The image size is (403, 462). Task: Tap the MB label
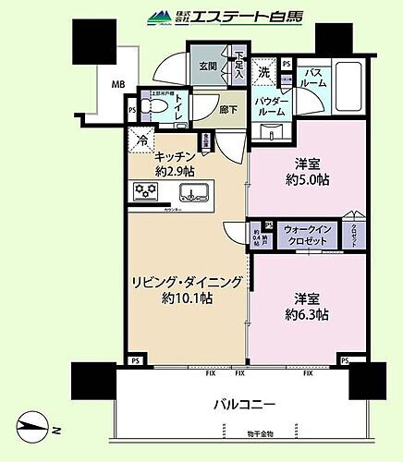tap(118, 85)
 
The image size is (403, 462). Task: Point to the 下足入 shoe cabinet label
tap(240, 66)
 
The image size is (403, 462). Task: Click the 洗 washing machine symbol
tap(263, 71)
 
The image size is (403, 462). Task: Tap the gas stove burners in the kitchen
tap(146, 191)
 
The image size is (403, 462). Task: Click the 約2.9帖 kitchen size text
tap(175, 172)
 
